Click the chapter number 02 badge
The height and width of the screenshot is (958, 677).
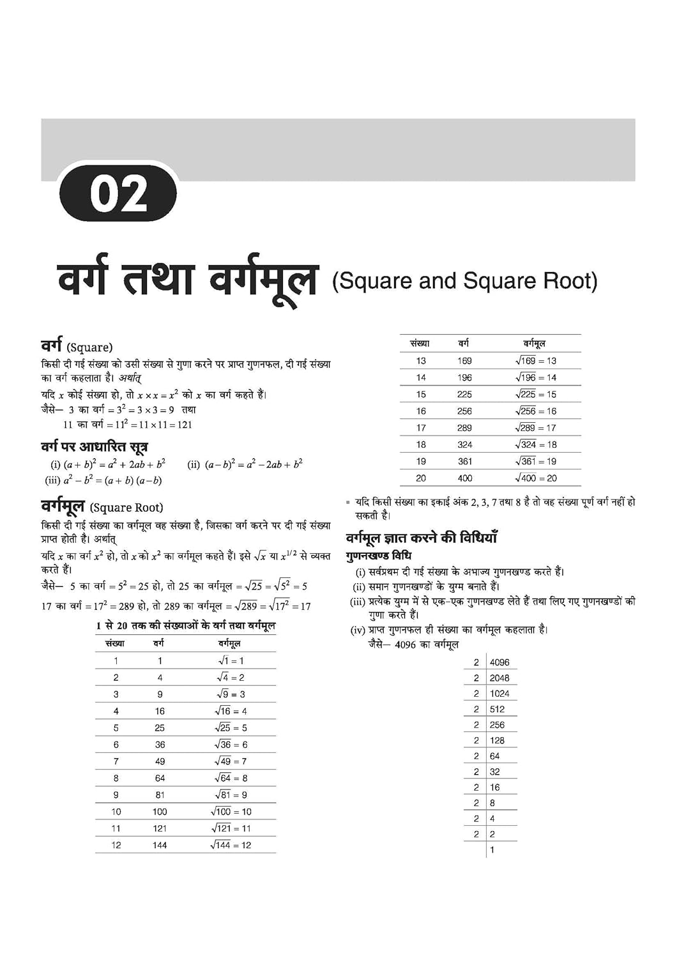pyautogui.click(x=118, y=194)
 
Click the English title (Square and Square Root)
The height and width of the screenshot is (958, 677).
pyautogui.click(x=464, y=281)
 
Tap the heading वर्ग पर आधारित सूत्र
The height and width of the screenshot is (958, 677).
pyautogui.click(x=95, y=446)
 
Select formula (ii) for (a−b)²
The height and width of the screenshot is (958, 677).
pyautogui.click(x=245, y=464)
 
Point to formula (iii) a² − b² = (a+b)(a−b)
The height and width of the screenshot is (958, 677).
pyautogui.click(x=103, y=480)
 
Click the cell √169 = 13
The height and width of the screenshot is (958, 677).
pyautogui.click(x=536, y=361)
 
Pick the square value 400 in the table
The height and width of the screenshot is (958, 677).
pyautogui.click(x=465, y=478)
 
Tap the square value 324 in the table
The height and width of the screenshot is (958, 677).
pyautogui.click(x=465, y=445)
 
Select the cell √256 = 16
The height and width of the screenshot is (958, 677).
pyautogui.click(x=536, y=411)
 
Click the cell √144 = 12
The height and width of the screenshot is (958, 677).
pyautogui.click(x=231, y=845)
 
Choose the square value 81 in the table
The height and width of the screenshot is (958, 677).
pyautogui.click(x=160, y=795)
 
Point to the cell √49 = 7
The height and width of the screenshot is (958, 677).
pyautogui.click(x=231, y=761)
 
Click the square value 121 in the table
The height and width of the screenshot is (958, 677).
pyautogui.click(x=160, y=828)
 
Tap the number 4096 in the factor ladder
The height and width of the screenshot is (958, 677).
pyautogui.click(x=499, y=662)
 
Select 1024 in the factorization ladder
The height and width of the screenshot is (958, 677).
pyautogui.click(x=499, y=694)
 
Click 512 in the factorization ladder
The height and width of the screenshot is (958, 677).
pyautogui.click(x=498, y=709)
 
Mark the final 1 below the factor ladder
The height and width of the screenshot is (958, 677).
pyautogui.click(x=492, y=849)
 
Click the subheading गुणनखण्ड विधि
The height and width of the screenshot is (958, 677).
pyautogui.click(x=379, y=556)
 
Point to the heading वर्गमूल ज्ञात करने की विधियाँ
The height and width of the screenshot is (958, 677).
pyautogui.click(x=422, y=538)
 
